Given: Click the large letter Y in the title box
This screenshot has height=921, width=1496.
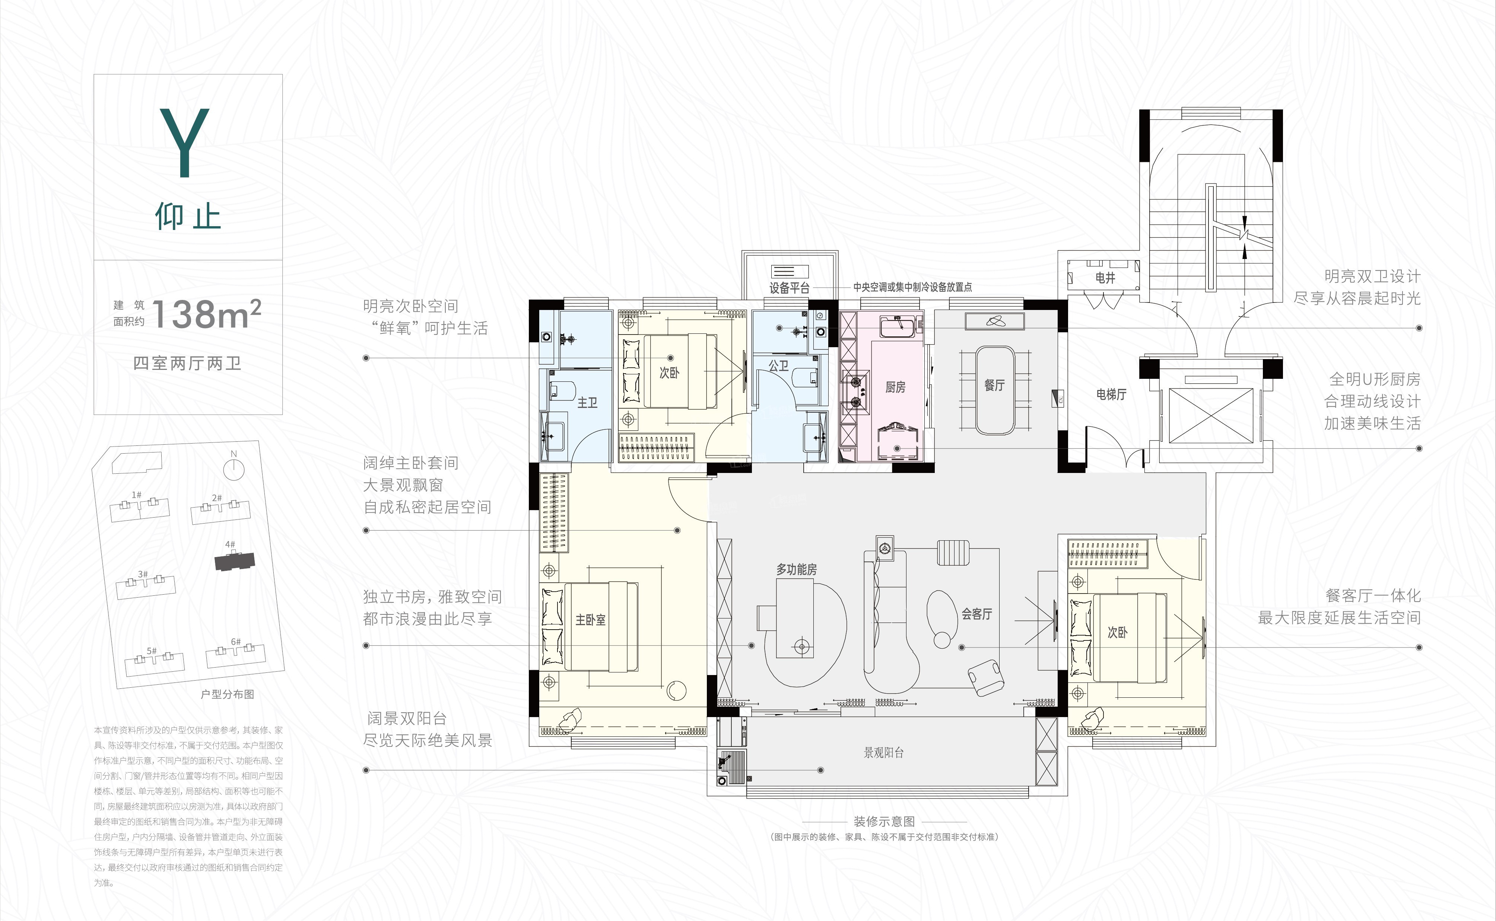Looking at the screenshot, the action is click(x=185, y=144).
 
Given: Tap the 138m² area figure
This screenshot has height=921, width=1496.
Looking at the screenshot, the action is click(x=206, y=314).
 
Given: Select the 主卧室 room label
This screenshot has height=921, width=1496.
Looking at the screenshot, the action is click(x=591, y=620).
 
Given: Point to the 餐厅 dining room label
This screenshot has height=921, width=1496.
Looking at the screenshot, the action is click(x=994, y=385).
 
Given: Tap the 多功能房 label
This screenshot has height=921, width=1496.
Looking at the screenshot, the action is click(x=796, y=570).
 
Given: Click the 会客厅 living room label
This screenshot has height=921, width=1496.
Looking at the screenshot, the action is click(x=976, y=614).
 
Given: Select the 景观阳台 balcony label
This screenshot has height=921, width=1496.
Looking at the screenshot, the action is click(x=883, y=752).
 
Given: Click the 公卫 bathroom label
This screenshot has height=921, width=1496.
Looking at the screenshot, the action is click(x=778, y=366).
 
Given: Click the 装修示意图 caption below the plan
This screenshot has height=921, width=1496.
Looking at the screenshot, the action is click(x=884, y=822).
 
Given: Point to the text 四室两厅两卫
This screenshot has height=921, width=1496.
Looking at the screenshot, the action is click(x=187, y=364).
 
